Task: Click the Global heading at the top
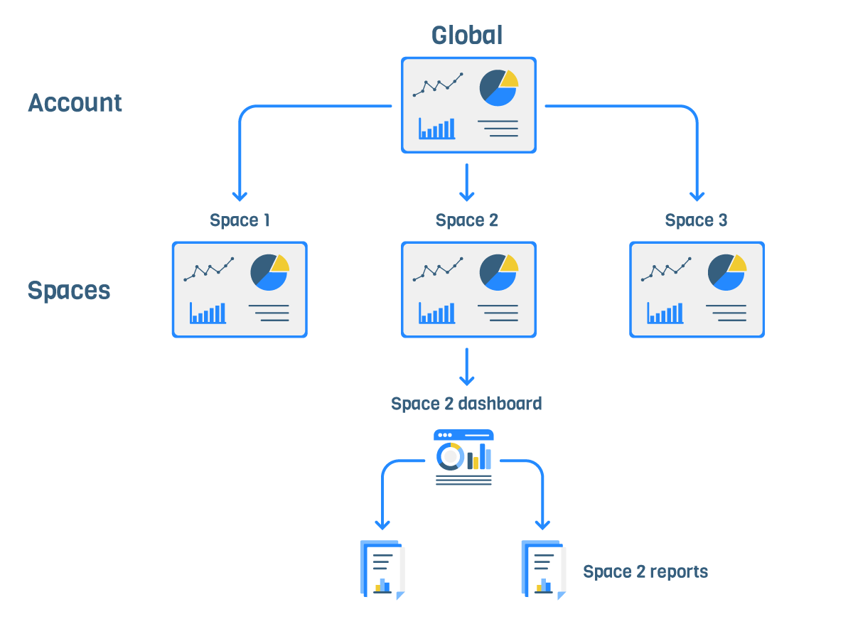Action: pyautogui.click(x=467, y=36)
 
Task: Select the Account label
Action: pyautogui.click(x=75, y=103)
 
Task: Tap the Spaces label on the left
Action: pyautogui.click(x=69, y=290)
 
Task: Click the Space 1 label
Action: pyautogui.click(x=240, y=220)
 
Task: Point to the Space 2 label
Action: pyautogui.click(x=467, y=220)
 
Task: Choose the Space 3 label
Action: pyautogui.click(x=696, y=220)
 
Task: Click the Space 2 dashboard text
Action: pyautogui.click(x=466, y=404)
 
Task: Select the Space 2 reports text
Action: pyautogui.click(x=645, y=571)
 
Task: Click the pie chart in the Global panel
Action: pyautogui.click(x=498, y=87)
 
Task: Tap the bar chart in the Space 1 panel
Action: pyautogui.click(x=208, y=313)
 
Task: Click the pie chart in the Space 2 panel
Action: pyautogui.click(x=498, y=271)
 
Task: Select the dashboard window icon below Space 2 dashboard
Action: pyautogui.click(x=463, y=459)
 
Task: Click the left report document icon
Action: pyautogui.click(x=382, y=570)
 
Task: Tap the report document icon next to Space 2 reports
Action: pyautogui.click(x=544, y=570)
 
